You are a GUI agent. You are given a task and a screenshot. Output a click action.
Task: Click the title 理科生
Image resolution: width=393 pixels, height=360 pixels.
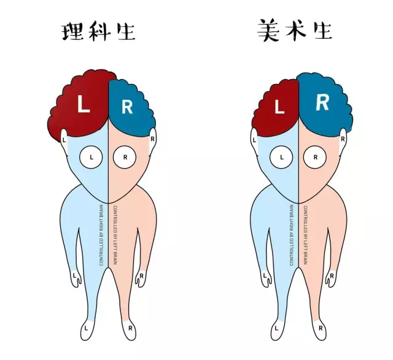coord(99,31)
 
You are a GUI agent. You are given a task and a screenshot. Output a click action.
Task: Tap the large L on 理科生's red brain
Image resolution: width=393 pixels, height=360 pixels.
coord(84,105)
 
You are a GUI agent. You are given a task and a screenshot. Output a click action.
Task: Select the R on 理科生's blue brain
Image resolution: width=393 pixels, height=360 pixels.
coord(127,107)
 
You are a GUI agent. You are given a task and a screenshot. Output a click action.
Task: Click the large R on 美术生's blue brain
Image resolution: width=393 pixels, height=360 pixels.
coord(322,103)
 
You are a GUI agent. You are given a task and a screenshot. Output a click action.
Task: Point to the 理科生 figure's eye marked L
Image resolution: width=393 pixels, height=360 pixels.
coord(91,157)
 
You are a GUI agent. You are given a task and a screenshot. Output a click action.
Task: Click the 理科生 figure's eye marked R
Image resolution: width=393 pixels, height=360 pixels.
coord(125,157)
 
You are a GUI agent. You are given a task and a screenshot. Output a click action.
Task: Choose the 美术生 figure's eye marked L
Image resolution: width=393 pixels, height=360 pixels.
coord(282,157)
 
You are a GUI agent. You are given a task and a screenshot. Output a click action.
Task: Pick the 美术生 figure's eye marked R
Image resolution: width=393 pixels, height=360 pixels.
coord(316,157)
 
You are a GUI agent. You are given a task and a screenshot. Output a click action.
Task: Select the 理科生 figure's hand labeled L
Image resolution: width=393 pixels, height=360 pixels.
coord(76,277)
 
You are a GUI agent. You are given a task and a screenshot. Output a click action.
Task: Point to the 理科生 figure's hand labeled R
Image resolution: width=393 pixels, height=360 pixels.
coord(141,277)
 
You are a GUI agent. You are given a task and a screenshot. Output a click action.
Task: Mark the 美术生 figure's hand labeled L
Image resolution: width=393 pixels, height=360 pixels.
coord(266,277)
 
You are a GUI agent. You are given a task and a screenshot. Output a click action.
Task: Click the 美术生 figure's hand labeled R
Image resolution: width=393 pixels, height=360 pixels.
coord(332,277)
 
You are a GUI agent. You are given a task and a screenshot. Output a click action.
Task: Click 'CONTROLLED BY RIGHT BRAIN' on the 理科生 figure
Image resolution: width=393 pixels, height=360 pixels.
coord(102,236)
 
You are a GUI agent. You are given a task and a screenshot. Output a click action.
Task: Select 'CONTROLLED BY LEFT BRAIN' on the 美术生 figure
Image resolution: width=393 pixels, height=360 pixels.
coord(305,236)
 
